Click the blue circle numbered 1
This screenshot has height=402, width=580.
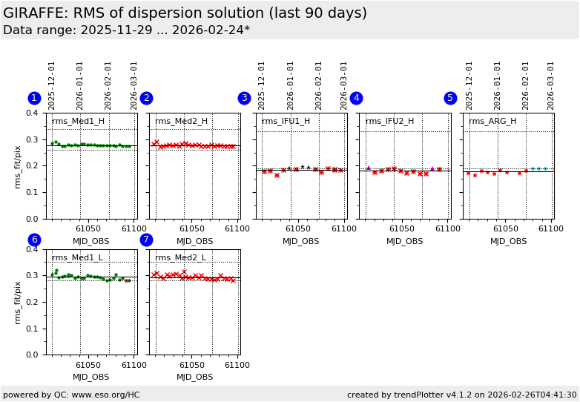[34, 98]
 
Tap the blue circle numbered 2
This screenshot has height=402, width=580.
[146, 98]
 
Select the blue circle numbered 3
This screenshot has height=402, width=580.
[244, 98]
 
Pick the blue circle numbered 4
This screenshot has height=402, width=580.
[356, 98]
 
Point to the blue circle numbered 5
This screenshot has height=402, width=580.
[450, 98]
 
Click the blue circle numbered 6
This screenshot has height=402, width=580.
[34, 240]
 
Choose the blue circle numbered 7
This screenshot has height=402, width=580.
[146, 240]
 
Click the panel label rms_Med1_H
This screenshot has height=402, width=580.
[78, 122]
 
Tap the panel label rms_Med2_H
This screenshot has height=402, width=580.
[182, 122]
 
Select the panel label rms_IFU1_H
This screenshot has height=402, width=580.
[286, 122]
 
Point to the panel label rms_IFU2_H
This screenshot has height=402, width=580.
[389, 122]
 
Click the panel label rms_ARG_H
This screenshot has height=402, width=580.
[492, 122]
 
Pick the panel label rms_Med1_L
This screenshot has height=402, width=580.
[77, 258]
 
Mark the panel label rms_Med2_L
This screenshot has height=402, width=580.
[181, 258]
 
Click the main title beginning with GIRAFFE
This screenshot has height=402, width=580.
[185, 13]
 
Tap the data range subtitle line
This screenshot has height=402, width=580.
[126, 30]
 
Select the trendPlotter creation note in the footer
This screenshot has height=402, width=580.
[461, 395]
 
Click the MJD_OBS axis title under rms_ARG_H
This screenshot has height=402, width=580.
[509, 241]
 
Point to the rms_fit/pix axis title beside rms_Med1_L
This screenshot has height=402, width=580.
[18, 302]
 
